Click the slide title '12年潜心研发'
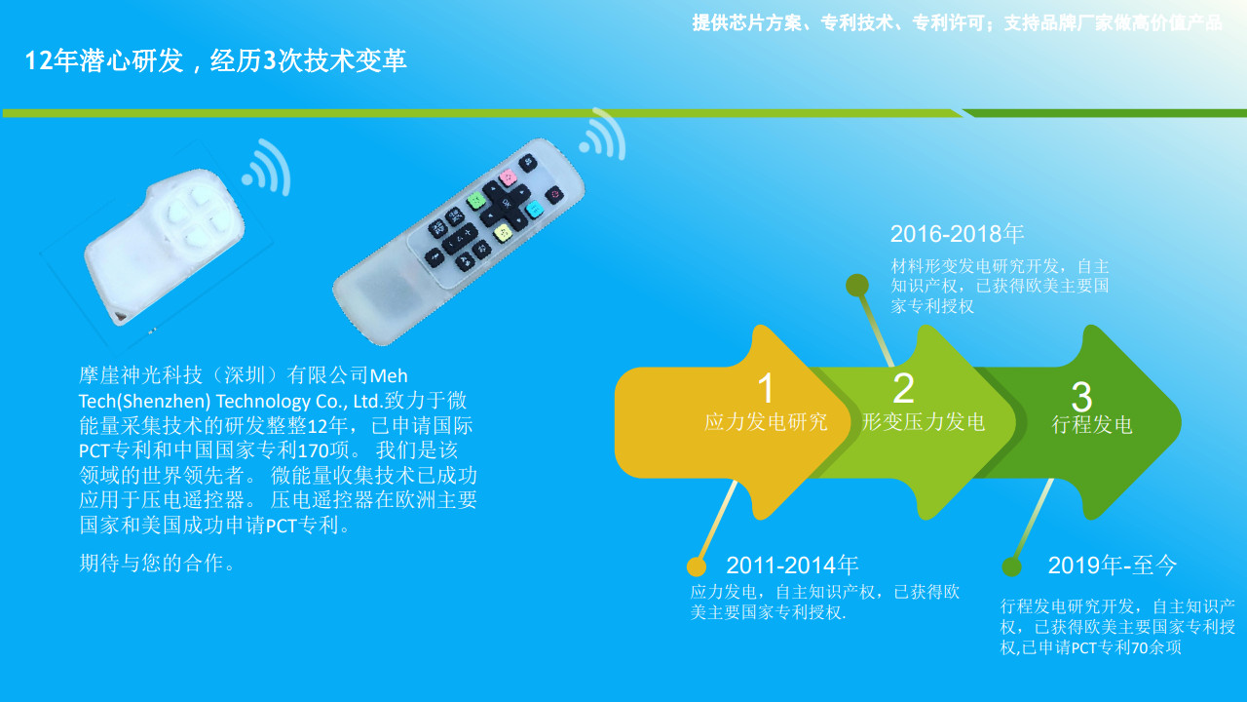pos(104,60)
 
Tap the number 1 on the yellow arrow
pos(766,388)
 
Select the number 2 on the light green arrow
pos(903,388)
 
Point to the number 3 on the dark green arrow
pos(1081,396)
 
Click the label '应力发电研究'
pos(766,422)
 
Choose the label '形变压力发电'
pos(924,422)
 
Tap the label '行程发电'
pos(1092,424)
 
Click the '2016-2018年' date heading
pos(957,234)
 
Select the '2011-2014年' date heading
pos(792,565)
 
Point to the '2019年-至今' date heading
pos(1113,565)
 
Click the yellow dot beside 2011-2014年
pos(697,566)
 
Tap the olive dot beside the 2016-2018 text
pos(857,286)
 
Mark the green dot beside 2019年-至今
pos(1011,567)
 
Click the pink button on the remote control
pos(508,177)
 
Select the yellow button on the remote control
pos(503,232)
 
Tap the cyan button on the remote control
pos(535,210)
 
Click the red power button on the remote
pos(554,194)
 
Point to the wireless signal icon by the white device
pos(268,169)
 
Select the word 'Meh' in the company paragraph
pos(389,376)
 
